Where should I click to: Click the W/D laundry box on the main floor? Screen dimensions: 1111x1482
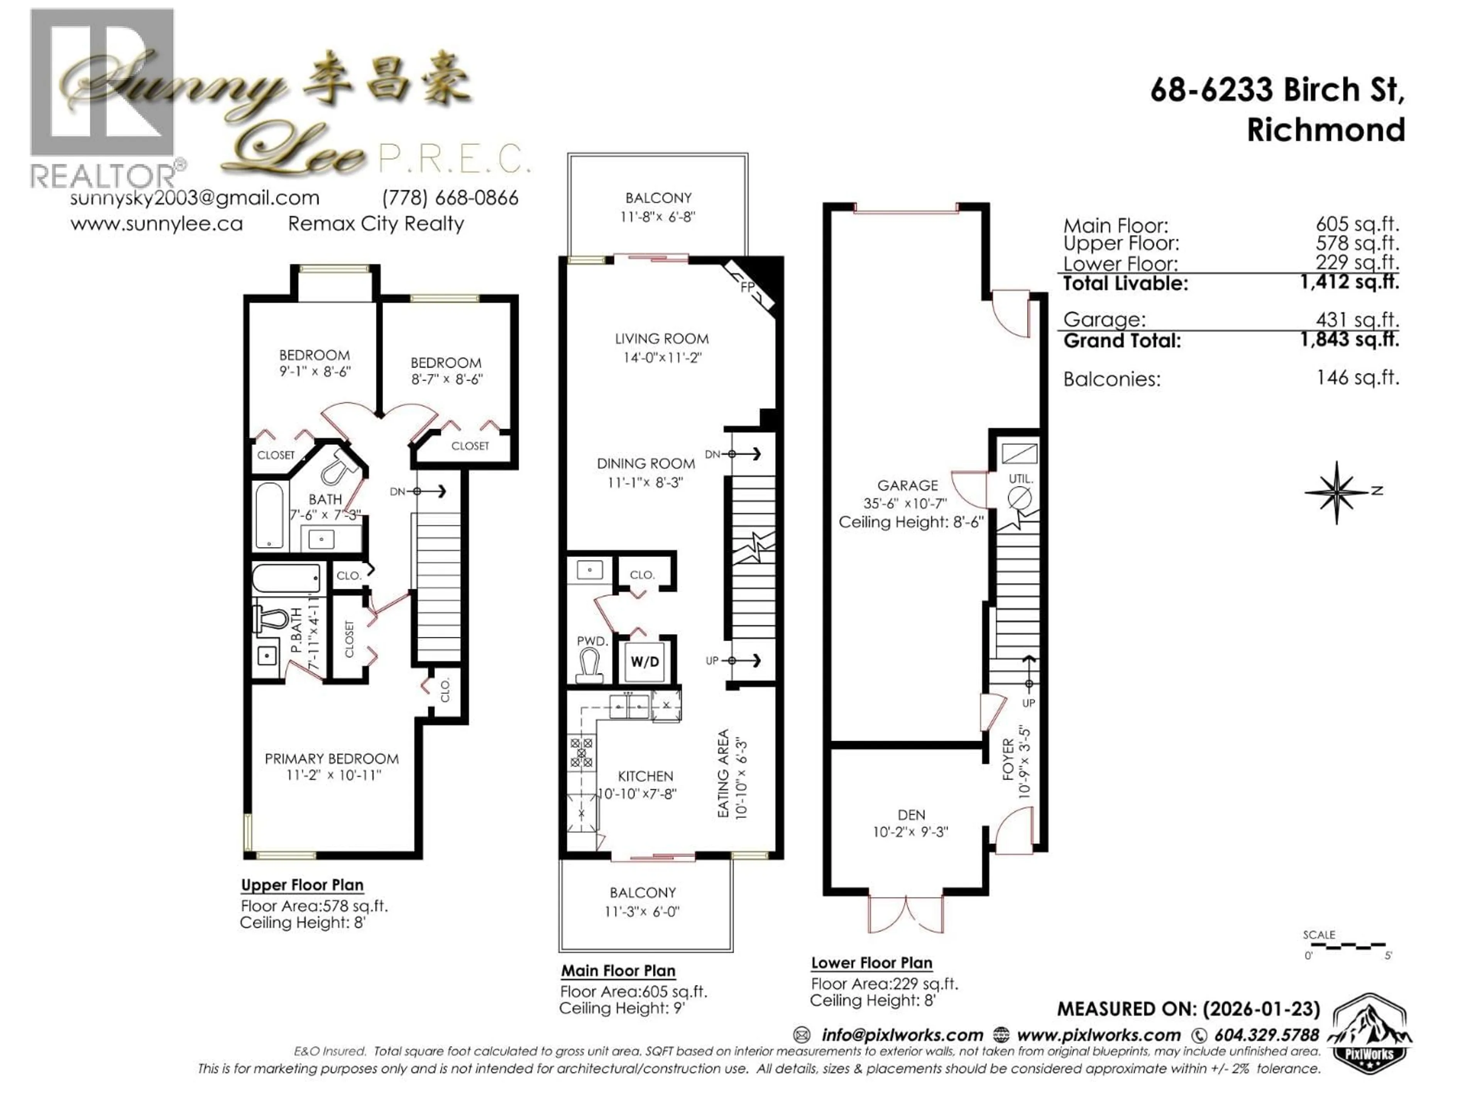tap(645, 662)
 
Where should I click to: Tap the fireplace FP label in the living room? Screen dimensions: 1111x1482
tap(748, 287)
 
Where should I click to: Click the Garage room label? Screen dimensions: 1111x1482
tap(907, 486)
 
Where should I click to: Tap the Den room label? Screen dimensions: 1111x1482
tap(911, 815)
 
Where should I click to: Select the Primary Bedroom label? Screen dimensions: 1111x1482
tap(332, 759)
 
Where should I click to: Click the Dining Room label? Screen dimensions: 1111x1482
tap(646, 463)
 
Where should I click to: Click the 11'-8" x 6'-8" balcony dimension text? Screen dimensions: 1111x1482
tap(658, 217)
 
